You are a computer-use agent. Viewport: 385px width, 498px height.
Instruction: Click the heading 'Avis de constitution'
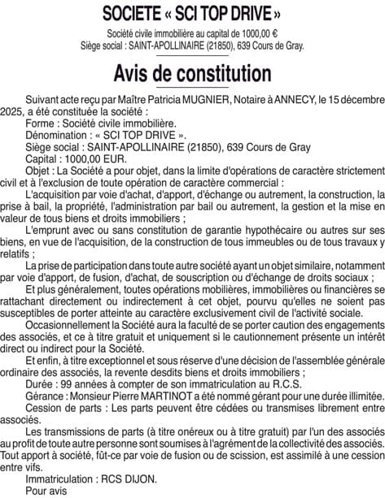[192, 73]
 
